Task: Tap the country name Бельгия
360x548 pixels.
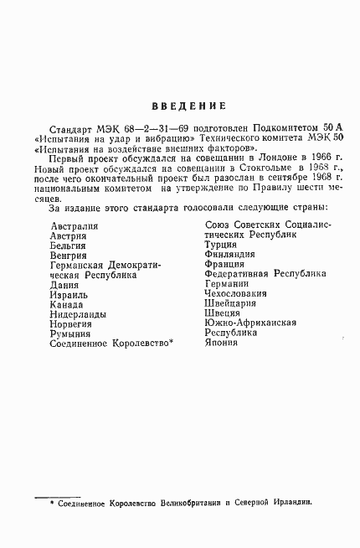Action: tap(68, 246)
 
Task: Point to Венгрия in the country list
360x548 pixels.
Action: tap(69, 256)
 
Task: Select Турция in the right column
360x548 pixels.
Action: tap(221, 246)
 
